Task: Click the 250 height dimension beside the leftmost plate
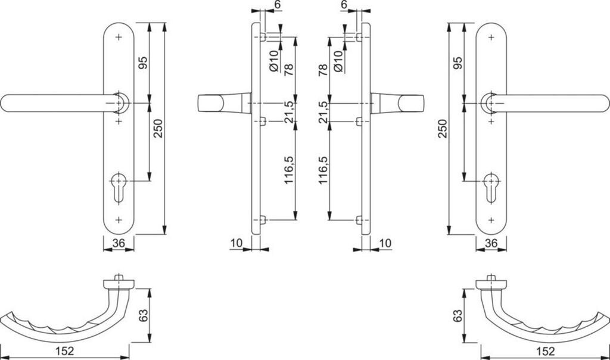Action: tap(158, 127)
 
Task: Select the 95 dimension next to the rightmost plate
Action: tap(457, 63)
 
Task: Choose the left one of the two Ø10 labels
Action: tap(275, 61)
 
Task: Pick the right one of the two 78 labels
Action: tap(322, 70)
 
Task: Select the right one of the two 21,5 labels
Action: tap(322, 112)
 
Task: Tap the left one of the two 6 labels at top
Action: tap(277, 5)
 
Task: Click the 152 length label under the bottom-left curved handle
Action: tap(67, 351)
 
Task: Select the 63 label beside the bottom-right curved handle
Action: tap(457, 315)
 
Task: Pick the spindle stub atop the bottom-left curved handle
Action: tap(120, 278)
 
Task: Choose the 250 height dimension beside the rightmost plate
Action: tap(442, 127)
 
